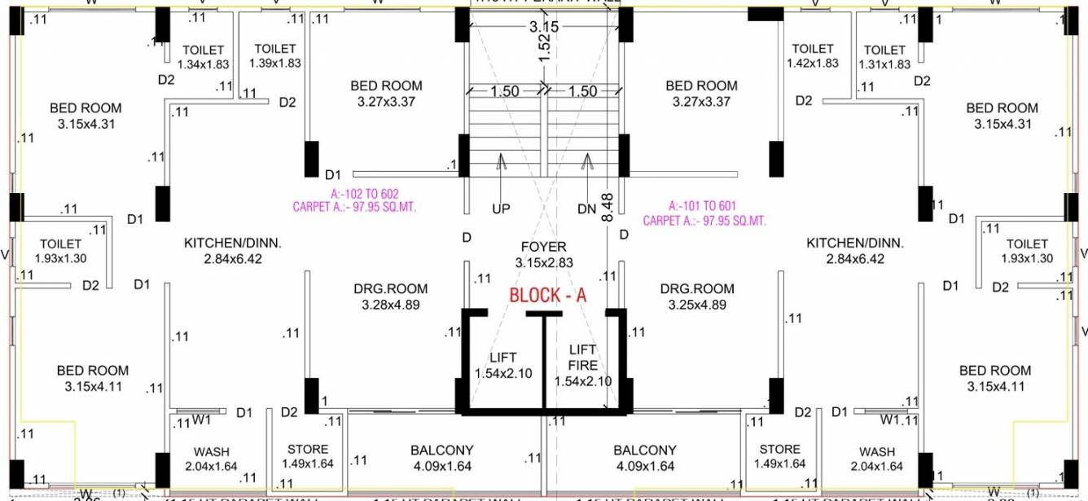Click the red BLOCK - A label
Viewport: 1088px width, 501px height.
click(547, 295)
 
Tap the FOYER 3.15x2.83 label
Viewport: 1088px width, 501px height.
click(543, 254)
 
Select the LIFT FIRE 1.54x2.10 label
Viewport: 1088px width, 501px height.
click(582, 365)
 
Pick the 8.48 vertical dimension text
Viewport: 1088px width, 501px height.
click(607, 208)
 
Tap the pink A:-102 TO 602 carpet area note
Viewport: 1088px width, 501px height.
click(354, 200)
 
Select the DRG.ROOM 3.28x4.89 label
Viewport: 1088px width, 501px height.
click(390, 297)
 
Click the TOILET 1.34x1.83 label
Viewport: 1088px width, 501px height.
click(204, 57)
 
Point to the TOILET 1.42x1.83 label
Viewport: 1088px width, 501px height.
click(812, 55)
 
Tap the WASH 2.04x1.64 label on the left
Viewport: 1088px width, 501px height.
click(211, 459)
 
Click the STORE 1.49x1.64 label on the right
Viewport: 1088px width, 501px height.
click(779, 456)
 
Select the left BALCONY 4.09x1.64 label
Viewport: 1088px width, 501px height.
click(441, 458)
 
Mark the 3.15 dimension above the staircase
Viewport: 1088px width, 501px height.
click(543, 27)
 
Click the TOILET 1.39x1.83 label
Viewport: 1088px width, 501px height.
click(275, 55)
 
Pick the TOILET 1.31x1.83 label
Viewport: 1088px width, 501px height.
click(884, 57)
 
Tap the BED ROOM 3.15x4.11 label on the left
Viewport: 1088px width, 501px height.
click(93, 378)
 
